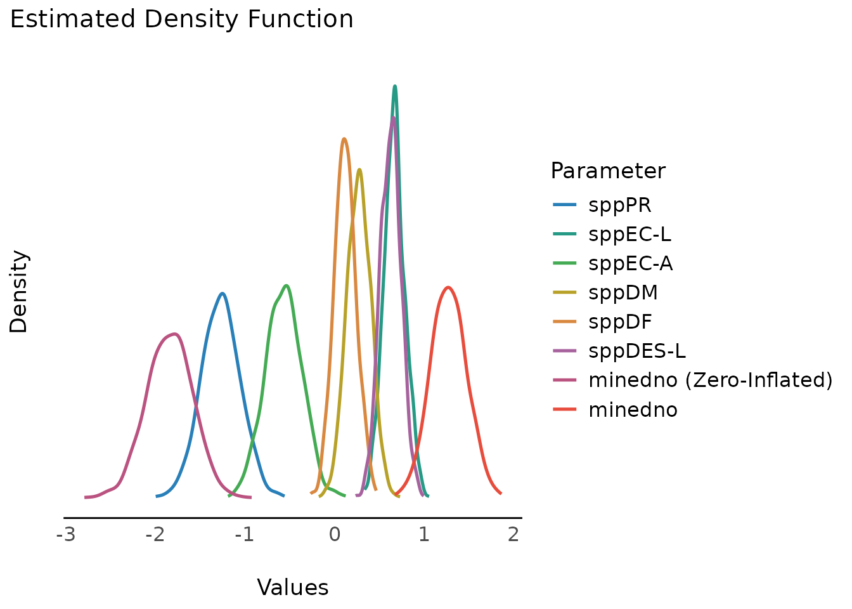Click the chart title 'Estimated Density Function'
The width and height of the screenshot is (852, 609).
182,20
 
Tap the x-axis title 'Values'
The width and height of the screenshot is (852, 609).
293,588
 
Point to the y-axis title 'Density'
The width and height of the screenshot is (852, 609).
19,292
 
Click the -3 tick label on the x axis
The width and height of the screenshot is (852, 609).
65,535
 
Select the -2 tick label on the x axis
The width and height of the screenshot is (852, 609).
155,535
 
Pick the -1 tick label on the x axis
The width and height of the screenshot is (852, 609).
244,535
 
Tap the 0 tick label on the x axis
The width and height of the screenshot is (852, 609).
334,535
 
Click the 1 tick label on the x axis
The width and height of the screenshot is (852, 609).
423,535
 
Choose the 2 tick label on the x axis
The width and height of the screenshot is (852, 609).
513,535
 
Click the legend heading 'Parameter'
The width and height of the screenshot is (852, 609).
608,171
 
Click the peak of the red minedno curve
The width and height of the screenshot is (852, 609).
449,287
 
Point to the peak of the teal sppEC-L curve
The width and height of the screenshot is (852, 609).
395,86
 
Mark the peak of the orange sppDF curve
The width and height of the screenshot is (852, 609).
344,138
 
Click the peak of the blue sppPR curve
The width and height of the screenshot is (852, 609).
223,293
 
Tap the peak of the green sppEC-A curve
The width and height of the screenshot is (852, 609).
287,285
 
